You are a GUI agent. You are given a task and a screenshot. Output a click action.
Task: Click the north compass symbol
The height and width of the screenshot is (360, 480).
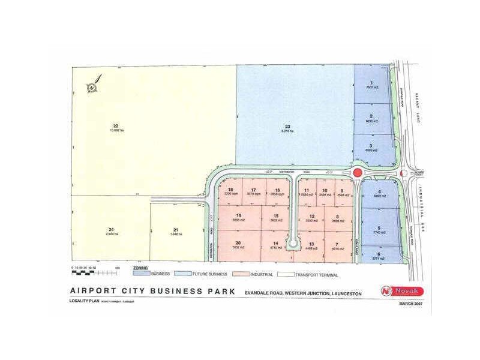92,88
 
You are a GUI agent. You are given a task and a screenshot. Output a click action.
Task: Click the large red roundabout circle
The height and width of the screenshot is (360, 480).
357,173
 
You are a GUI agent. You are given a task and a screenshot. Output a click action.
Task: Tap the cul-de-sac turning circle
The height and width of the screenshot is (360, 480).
293,244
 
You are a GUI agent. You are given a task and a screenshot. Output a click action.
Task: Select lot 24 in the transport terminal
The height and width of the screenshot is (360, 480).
111,232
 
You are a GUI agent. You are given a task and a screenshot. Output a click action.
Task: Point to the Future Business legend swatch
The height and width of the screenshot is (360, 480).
182,275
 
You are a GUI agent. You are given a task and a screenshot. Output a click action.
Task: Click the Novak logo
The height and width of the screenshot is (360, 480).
402,291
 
